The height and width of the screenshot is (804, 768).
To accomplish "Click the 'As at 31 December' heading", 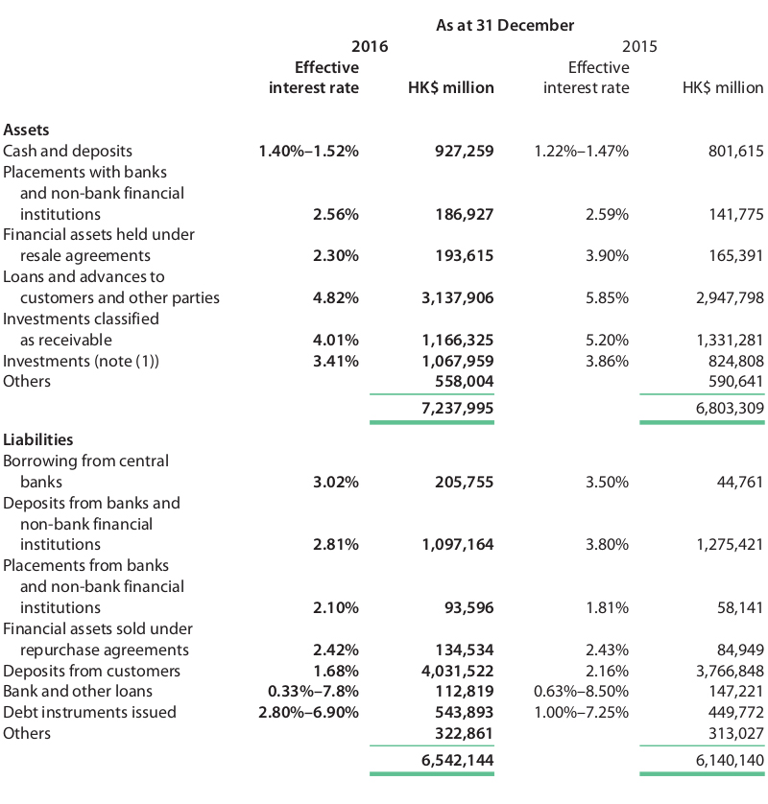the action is [505, 25].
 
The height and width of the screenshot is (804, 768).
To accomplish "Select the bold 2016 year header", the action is [370, 47].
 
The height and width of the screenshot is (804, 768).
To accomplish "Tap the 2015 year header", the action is [639, 47].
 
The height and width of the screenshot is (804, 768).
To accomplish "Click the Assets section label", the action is [26, 130].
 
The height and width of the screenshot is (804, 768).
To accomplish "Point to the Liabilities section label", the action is [38, 439].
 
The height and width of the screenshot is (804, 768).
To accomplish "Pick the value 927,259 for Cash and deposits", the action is [465, 152].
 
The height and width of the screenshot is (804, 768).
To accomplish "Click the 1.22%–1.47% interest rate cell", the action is [581, 152].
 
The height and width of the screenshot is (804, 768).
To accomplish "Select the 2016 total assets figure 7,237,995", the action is [458, 408].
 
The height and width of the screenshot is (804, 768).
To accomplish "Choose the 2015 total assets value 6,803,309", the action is [730, 408].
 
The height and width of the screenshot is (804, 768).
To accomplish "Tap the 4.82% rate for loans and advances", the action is [336, 298].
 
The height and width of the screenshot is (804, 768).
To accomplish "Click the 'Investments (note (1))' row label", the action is [81, 361].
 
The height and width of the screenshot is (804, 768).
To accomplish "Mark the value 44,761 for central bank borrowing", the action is [740, 482].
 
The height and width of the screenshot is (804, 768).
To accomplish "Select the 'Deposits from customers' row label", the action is [92, 671].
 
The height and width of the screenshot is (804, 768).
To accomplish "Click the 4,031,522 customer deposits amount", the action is [458, 671].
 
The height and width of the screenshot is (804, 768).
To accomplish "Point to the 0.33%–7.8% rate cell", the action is [314, 691].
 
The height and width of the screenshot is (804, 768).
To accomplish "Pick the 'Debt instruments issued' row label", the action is [90, 712].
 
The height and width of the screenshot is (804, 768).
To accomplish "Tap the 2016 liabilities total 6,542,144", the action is [458, 760].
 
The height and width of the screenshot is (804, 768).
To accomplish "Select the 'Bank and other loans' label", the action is [78, 691].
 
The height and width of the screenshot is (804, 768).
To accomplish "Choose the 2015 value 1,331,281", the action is [730, 340].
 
